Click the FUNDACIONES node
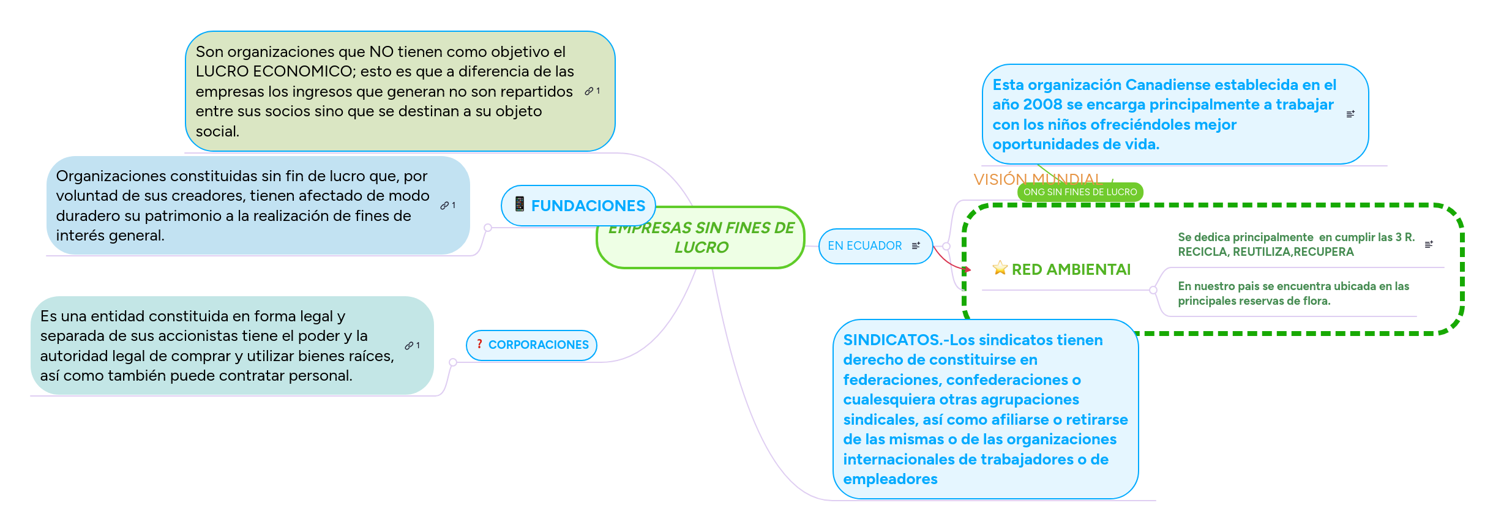(587, 206)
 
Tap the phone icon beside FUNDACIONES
(519, 204)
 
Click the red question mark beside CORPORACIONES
(479, 344)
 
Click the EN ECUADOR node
(864, 246)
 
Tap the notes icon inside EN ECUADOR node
(916, 246)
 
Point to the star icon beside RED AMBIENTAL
(1000, 268)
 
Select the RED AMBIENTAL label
(1071, 270)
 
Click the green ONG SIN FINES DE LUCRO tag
(1080, 192)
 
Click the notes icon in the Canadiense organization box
(1350, 114)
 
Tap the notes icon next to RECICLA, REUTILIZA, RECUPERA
(1429, 245)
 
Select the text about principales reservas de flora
(1293, 294)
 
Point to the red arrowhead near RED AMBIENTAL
(967, 269)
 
